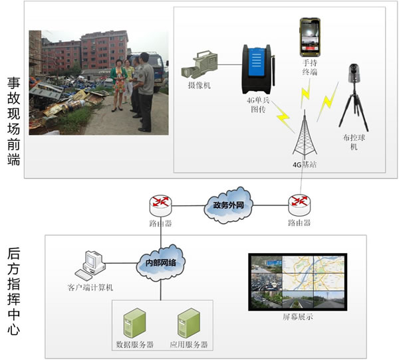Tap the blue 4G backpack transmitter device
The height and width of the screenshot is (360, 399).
pos(257,69)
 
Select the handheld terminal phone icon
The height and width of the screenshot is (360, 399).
pos(311,36)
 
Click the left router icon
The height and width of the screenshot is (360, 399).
pos(160,203)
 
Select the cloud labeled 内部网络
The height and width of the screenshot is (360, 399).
pos(161,263)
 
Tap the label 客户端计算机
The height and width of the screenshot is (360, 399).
pos(90,288)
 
